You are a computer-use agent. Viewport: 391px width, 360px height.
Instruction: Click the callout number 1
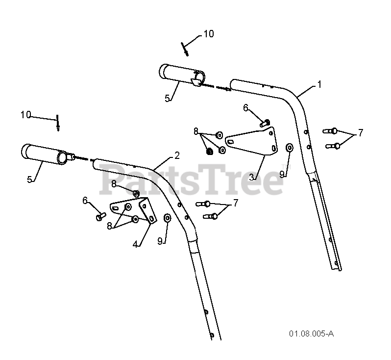click(x=319, y=85)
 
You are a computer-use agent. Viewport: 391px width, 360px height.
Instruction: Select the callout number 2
click(x=176, y=155)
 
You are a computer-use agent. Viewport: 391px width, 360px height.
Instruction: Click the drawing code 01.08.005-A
click(x=311, y=334)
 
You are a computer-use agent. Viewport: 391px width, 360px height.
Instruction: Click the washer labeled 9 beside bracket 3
click(x=290, y=147)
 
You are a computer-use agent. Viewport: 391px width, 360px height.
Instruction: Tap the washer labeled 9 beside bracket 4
click(x=167, y=217)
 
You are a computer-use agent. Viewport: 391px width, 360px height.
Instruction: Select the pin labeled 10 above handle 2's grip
click(x=57, y=123)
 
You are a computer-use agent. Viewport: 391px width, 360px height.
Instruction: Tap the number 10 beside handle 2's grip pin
click(x=25, y=115)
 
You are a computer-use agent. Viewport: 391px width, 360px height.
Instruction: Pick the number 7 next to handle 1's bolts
click(x=361, y=132)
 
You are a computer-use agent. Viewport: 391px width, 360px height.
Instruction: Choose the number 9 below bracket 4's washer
click(x=160, y=241)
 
